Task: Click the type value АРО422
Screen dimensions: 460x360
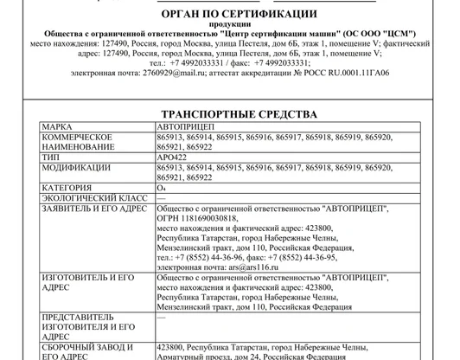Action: coord(173,158)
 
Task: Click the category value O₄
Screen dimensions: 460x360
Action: coord(162,187)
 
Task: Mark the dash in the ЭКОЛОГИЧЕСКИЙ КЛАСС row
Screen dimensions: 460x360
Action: coord(162,198)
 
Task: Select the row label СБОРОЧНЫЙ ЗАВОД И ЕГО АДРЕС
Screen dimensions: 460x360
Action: coord(86,350)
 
